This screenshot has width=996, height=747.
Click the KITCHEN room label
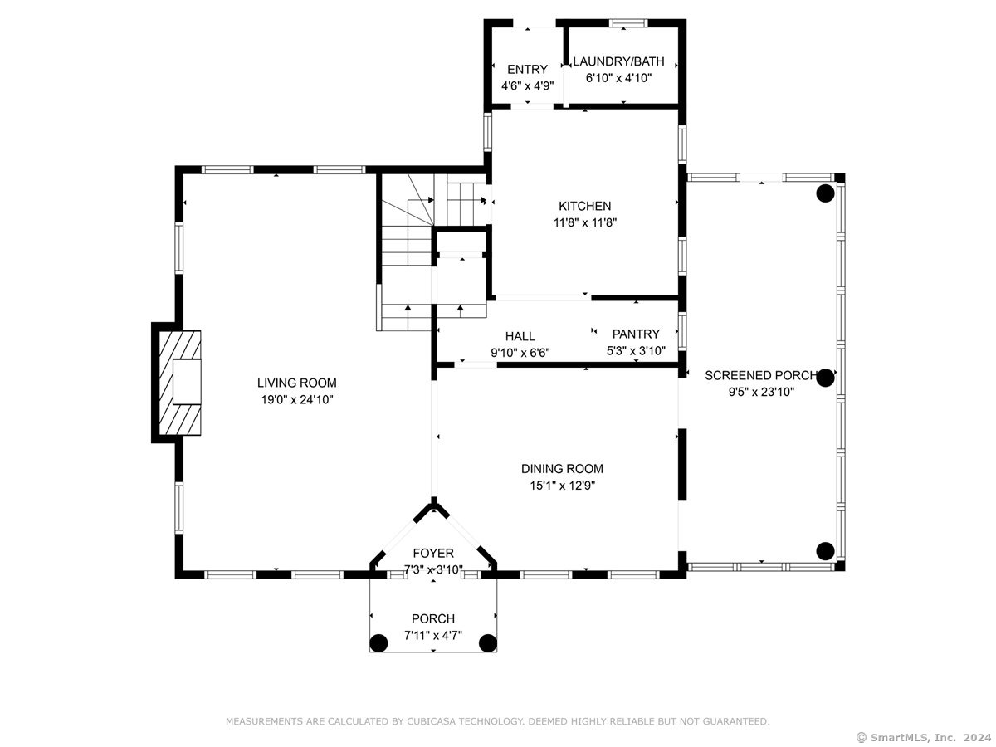584,207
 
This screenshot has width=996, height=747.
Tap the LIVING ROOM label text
297,383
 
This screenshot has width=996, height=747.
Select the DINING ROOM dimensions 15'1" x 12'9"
562,486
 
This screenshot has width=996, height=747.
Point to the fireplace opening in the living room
187,382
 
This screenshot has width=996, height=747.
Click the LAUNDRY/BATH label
618,61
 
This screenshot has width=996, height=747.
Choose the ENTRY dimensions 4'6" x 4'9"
527,86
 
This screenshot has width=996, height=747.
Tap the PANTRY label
636,334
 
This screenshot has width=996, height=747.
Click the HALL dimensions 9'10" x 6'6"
520,353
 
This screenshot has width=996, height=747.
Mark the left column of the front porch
378,643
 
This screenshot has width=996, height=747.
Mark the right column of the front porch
488,643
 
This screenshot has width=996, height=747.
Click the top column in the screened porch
825,193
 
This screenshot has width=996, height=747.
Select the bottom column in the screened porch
825,551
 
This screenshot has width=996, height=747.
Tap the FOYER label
433,554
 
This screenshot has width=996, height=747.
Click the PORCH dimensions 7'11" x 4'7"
433,636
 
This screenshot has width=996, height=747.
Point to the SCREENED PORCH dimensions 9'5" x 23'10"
761,392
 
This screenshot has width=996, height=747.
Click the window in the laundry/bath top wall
628,23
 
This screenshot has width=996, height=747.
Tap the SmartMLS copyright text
924,738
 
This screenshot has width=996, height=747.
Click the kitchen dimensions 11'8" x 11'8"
585,222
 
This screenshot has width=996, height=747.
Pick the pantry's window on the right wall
682,331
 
